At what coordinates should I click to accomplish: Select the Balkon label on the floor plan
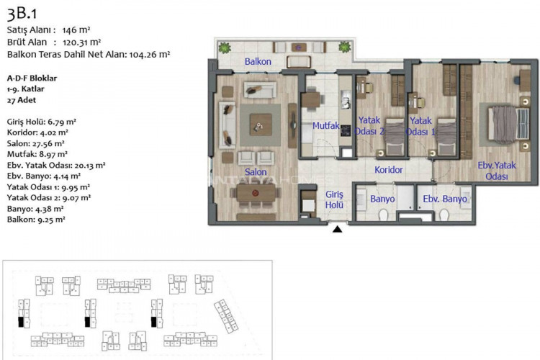point(257,62)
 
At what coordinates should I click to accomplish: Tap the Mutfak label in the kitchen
point(325,126)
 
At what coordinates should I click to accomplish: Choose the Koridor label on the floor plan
point(388,171)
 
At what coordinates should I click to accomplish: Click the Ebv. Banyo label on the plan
point(444,199)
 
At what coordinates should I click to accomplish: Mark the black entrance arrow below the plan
point(337,230)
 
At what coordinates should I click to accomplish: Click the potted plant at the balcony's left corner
point(225,48)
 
